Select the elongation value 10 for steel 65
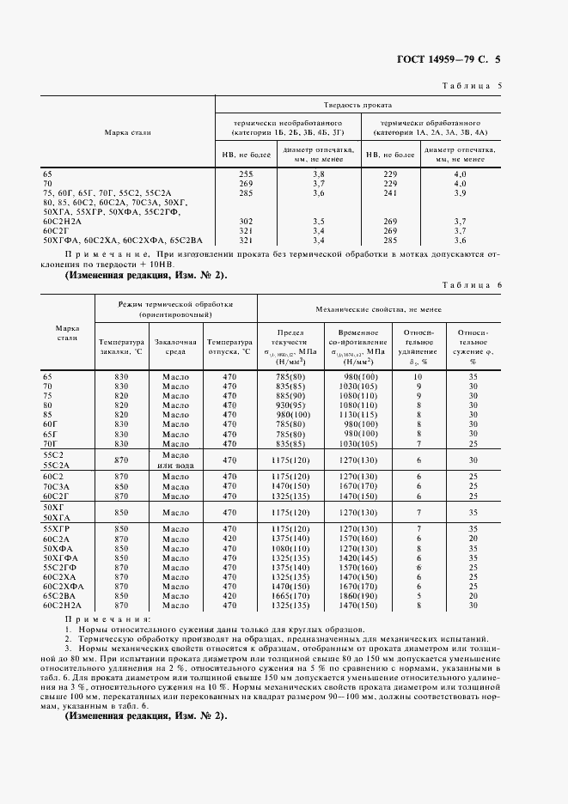click(x=418, y=376)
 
